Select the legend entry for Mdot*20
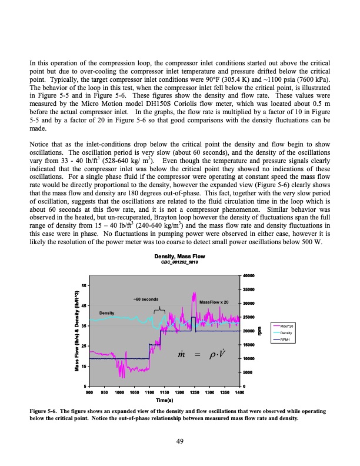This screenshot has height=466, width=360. click(288, 326)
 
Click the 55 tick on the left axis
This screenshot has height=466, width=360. click(84, 285)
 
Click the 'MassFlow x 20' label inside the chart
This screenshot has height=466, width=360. click(214, 302)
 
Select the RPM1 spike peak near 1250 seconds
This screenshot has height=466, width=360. click(192, 318)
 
